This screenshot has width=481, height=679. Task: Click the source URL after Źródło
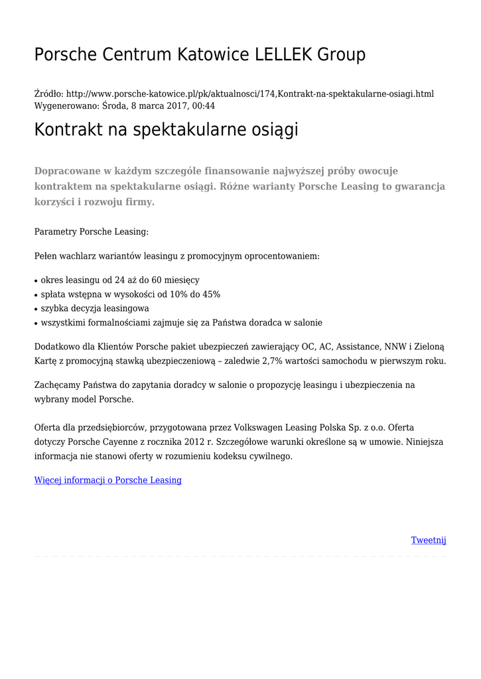click(250, 93)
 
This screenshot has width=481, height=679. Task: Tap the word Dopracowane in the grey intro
click(68, 170)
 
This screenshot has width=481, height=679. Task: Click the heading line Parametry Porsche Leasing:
click(92, 231)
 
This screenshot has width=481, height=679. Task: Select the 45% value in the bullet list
click(210, 294)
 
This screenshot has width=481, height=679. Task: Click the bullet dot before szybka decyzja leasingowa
click(36, 309)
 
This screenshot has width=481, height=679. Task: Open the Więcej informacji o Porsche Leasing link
click(107, 479)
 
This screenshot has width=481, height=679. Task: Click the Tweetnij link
click(429, 540)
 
